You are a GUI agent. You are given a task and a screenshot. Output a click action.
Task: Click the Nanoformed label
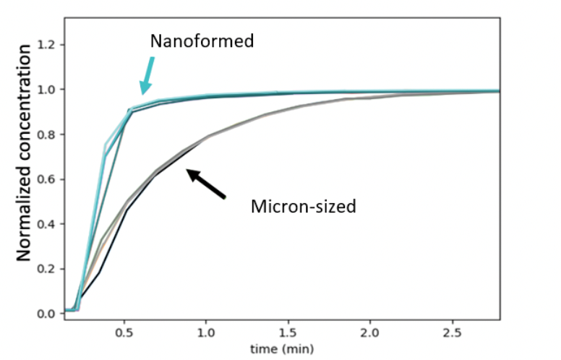202,41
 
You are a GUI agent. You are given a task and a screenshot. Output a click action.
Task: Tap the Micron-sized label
303,207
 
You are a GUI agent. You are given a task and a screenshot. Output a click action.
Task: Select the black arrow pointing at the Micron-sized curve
205,184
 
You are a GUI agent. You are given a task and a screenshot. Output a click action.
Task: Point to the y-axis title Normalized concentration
23,152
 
